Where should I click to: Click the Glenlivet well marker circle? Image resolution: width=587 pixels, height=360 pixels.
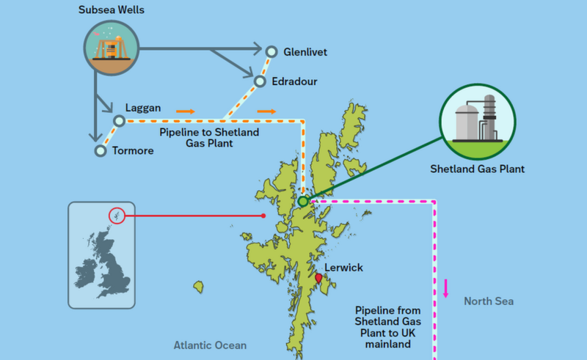click(x=271, y=51)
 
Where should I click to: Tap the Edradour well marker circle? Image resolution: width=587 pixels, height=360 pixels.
click(x=260, y=81)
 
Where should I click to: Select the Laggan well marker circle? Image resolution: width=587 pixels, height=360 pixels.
click(x=119, y=120)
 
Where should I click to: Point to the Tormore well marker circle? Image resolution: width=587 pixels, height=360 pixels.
click(x=101, y=151)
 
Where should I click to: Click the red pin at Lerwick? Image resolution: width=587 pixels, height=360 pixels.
click(x=318, y=279)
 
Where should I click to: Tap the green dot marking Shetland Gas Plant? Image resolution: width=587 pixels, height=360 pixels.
click(x=303, y=201)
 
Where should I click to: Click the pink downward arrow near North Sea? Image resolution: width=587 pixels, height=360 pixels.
click(x=445, y=288)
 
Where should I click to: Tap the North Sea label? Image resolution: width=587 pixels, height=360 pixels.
click(x=489, y=301)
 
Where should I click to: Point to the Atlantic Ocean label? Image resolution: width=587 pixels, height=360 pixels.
click(x=210, y=345)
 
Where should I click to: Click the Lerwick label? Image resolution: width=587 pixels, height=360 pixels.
click(x=343, y=268)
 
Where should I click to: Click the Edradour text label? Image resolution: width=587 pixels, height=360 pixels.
click(x=293, y=81)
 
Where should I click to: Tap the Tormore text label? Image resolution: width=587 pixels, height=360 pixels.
click(x=134, y=151)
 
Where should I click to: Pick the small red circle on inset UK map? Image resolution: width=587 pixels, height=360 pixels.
click(x=117, y=216)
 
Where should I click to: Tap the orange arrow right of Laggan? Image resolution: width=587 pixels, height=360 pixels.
click(x=186, y=111)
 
